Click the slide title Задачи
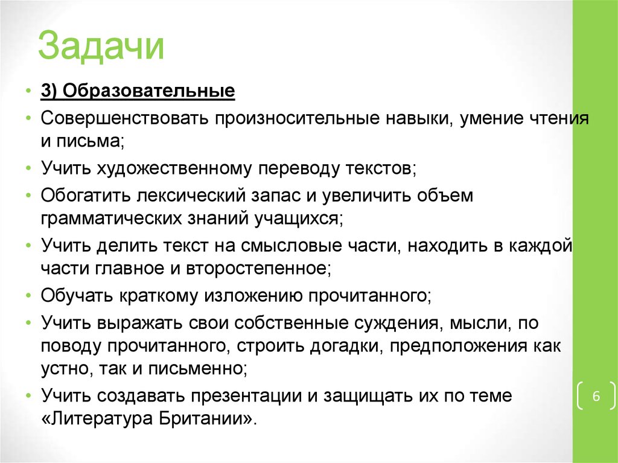point(101,48)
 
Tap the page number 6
point(596,397)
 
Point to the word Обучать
point(75,296)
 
